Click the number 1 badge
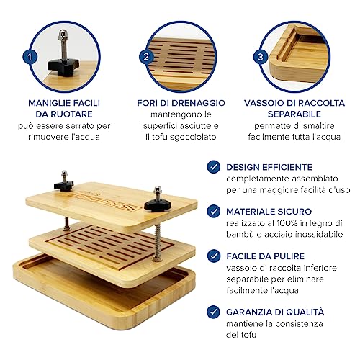click(30, 57)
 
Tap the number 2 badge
click(146, 57)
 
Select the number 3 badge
click(261, 57)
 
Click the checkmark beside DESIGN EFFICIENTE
click(213, 167)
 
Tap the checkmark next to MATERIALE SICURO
click(213, 211)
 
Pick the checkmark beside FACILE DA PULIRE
click(213, 256)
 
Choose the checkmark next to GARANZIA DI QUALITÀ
click(213, 312)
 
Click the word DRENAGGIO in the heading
click(199, 103)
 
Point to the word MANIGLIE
click(48, 103)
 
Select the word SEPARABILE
click(294, 114)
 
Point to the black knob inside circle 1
click(63, 67)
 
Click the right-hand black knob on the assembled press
click(158, 206)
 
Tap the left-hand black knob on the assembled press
click(64, 185)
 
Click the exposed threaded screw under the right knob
click(158, 243)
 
